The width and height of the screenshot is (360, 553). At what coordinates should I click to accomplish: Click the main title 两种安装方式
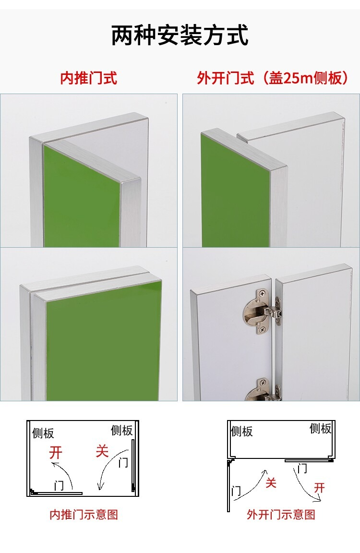180,35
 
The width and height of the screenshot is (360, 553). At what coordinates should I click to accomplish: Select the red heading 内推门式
88,78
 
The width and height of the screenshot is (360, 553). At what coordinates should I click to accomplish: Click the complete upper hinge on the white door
262,311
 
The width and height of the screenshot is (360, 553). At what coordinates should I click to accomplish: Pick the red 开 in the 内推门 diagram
56,453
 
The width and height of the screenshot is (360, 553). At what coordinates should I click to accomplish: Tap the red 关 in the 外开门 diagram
270,482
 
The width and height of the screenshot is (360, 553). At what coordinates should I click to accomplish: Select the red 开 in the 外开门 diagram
320,488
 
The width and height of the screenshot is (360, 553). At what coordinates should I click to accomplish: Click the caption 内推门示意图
84,515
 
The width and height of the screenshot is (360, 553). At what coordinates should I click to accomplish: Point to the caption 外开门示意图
281,515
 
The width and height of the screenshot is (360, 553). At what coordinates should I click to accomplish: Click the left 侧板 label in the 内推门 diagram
43,433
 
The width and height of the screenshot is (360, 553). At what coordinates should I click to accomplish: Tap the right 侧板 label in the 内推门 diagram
121,430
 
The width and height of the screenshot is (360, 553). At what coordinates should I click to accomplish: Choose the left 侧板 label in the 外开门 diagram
242,432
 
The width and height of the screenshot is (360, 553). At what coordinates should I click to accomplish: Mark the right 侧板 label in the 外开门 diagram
321,429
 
